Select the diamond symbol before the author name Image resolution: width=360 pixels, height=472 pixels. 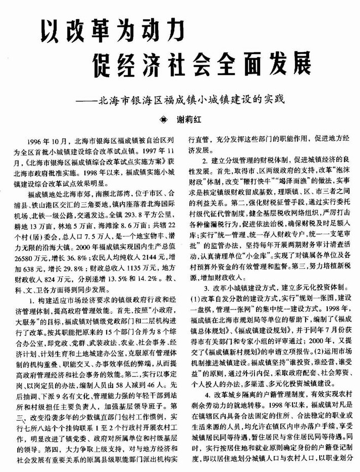pyautogui.click(x=163, y=121)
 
